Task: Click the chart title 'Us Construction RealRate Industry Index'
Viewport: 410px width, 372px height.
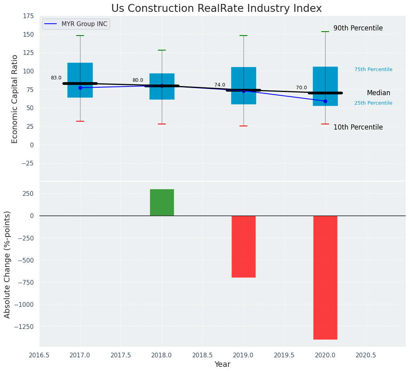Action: (216, 9)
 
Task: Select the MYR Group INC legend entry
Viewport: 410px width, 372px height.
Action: (76, 24)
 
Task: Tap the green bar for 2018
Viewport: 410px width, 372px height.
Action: (162, 202)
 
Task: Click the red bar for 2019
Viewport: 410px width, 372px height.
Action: (243, 246)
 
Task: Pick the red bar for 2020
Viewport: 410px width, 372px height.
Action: (325, 277)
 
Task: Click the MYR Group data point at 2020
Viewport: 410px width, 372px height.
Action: (325, 101)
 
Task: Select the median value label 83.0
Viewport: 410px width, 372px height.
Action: (56, 78)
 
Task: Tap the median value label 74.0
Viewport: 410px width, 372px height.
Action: (220, 85)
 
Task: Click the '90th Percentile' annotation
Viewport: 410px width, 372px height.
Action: (358, 28)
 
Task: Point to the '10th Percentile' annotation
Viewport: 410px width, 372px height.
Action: (358, 127)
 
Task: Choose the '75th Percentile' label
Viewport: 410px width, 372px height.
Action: (373, 70)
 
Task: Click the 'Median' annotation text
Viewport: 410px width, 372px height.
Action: (378, 93)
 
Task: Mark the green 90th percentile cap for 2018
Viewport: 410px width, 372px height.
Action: (162, 50)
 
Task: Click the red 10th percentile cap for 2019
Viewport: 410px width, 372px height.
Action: (243, 126)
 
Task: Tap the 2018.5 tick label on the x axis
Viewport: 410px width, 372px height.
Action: (202, 355)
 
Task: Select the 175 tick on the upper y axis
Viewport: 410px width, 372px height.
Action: (28, 16)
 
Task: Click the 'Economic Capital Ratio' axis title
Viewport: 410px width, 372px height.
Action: (15, 99)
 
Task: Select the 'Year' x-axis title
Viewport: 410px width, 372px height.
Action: (222, 364)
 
